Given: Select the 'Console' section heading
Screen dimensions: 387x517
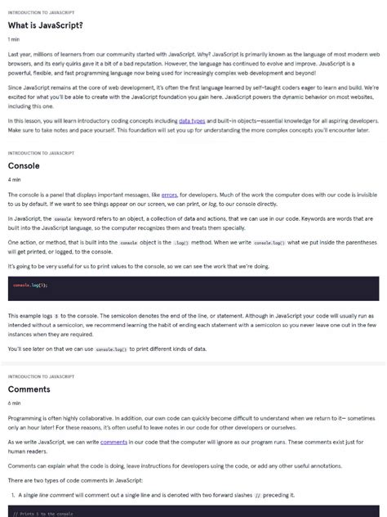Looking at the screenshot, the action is click(24, 165).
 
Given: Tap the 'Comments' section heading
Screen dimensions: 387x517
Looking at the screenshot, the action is click(29, 389).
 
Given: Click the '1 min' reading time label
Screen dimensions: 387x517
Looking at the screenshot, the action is click(14, 38).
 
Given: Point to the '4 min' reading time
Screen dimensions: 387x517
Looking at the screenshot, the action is click(15, 179).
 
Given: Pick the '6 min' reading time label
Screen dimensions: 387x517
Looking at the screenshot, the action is click(15, 403).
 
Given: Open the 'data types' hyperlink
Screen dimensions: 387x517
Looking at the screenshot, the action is click(193, 120).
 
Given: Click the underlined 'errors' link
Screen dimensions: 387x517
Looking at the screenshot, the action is click(169, 195).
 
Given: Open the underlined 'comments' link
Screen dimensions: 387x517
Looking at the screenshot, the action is click(113, 442).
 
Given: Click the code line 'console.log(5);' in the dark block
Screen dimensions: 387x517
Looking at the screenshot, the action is click(30, 285).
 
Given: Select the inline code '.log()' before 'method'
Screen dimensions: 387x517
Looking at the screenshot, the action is click(183, 243).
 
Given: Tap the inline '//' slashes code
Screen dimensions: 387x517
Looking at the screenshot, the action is click(257, 495).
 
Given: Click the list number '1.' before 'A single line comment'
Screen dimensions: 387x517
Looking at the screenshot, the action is click(12, 495).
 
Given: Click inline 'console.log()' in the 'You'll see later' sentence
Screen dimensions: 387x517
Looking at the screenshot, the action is click(112, 349).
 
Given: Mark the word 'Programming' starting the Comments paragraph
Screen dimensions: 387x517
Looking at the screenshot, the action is click(24, 417).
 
